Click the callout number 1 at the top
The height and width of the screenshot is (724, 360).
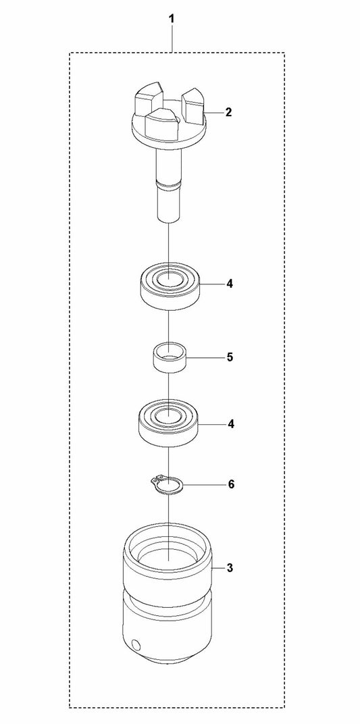(x=172, y=20)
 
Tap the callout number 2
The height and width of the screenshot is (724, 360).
(x=228, y=112)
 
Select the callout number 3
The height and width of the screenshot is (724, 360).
(x=230, y=568)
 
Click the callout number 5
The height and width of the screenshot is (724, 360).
(x=230, y=358)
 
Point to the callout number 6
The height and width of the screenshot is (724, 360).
(x=231, y=484)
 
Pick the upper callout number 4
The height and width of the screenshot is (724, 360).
(x=230, y=284)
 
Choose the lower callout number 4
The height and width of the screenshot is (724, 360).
(x=230, y=424)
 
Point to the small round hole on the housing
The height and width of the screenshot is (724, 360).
(x=135, y=644)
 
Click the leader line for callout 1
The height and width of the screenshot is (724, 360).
(x=172, y=39)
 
